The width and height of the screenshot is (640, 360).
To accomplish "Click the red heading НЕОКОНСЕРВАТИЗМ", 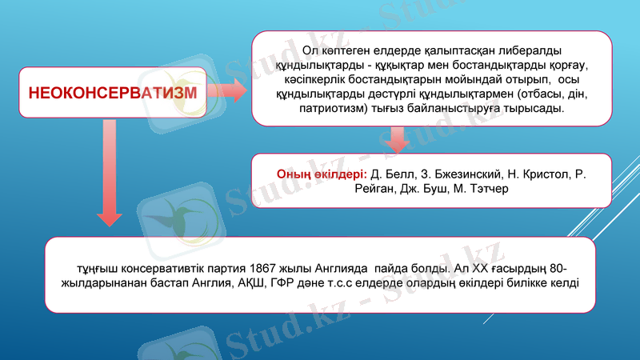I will (x=113, y=91).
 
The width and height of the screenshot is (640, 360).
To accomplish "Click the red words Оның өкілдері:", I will (x=321, y=174).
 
